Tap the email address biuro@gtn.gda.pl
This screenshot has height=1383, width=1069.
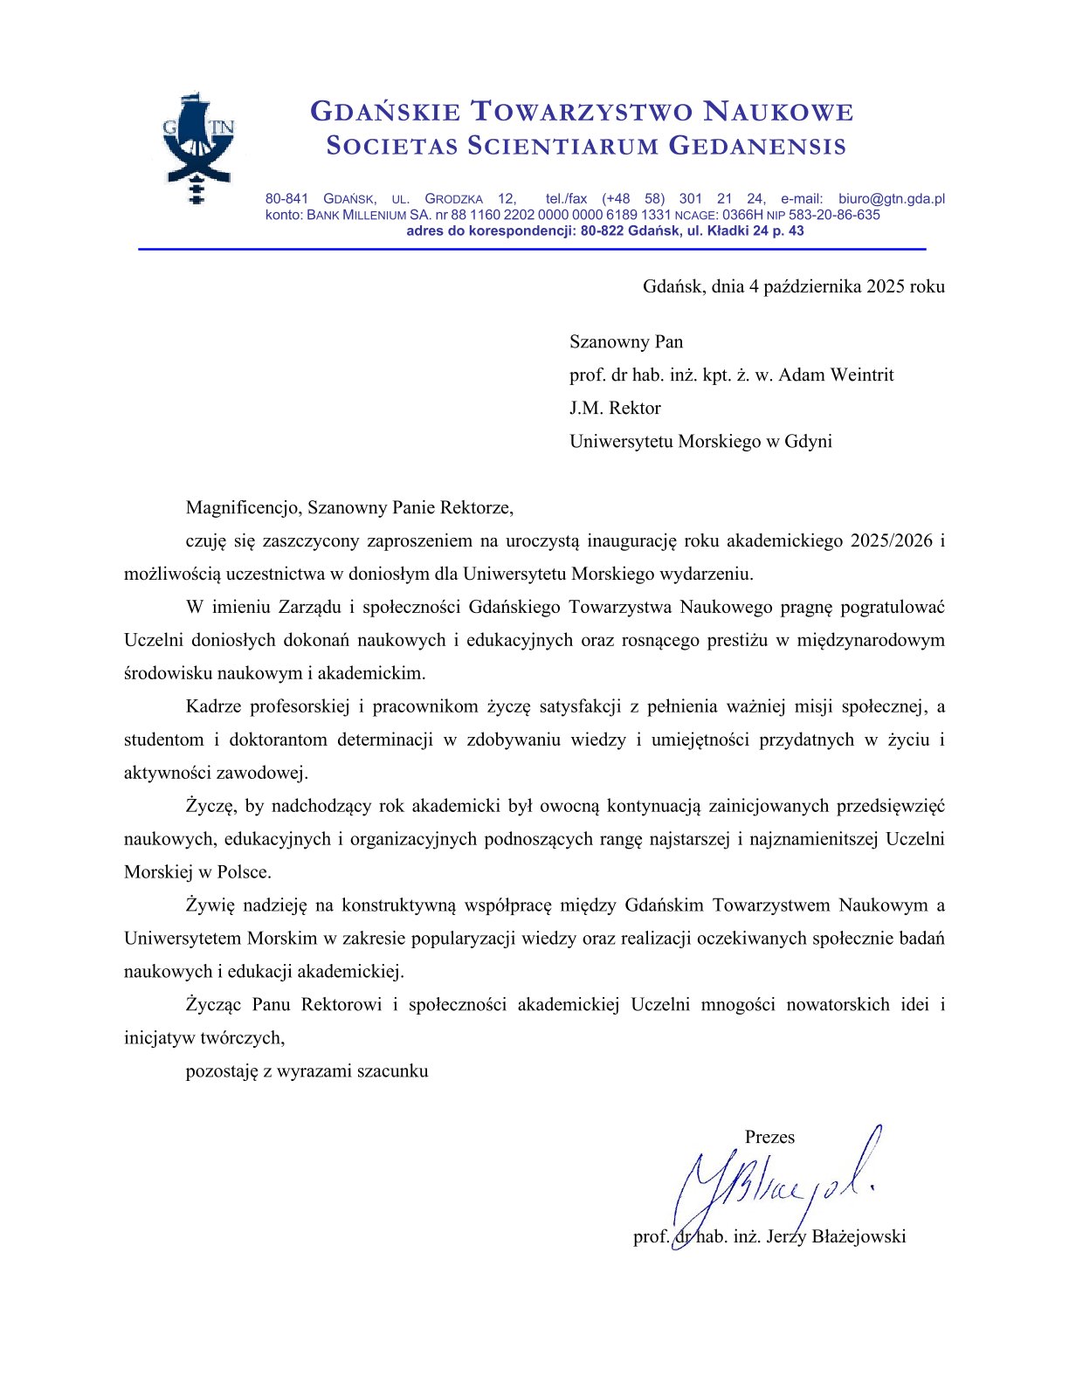(891, 199)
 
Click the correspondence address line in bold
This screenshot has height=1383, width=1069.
(604, 231)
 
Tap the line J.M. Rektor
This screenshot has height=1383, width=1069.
(615, 409)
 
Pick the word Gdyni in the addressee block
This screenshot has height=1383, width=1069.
(808, 442)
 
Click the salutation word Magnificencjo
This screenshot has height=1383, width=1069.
(242, 508)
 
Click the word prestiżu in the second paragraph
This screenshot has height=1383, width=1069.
(739, 641)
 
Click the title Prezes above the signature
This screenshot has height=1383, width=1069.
(769, 1138)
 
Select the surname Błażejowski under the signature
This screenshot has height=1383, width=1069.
(859, 1237)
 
